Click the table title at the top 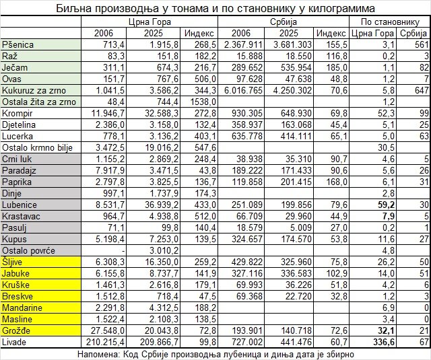pos(215,8)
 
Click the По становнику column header pos(390,21)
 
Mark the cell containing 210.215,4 pos(102,342)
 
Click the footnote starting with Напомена pos(215,353)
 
